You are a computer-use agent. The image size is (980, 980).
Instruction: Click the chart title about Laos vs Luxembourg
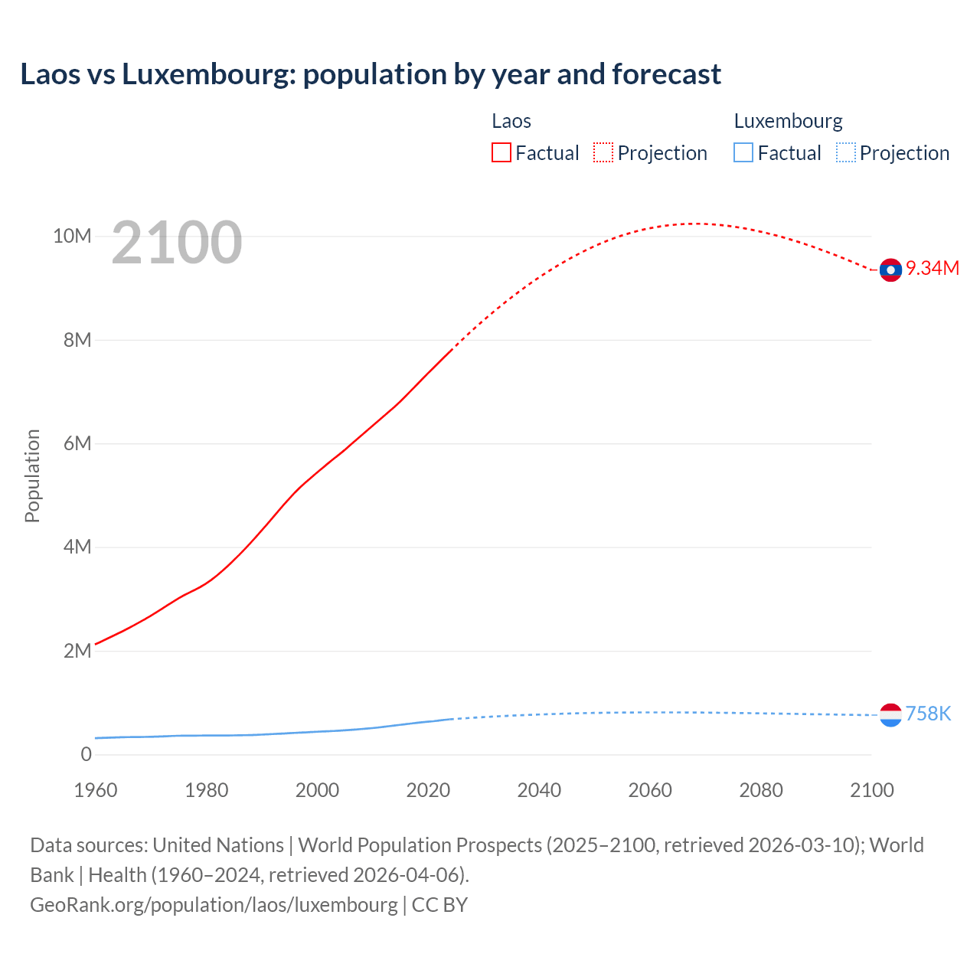[x=371, y=74]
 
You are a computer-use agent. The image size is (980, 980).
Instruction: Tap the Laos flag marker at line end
[x=890, y=269]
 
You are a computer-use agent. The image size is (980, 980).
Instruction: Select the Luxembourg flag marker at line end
[x=890, y=715]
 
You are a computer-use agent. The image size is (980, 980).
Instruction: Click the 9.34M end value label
[x=933, y=268]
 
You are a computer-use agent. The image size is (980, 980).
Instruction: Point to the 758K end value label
[x=928, y=714]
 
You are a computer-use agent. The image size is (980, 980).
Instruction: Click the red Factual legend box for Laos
[x=501, y=153]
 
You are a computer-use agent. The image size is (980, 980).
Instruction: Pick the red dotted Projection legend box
[x=603, y=153]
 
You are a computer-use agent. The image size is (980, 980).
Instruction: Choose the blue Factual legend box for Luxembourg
[x=743, y=153]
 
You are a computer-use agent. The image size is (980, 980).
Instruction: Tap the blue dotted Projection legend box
[x=845, y=153]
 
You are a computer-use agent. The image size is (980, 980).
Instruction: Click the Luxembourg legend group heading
[x=788, y=121]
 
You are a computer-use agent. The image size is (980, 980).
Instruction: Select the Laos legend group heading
[x=511, y=121]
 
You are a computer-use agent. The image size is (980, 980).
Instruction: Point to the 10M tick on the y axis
[x=72, y=236]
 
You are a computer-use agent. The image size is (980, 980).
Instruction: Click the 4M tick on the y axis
[x=77, y=547]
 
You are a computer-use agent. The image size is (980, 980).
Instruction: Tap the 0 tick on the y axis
[x=87, y=754]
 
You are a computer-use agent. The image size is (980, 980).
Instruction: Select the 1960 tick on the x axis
[x=96, y=790]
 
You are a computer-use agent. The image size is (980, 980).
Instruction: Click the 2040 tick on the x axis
[x=539, y=790]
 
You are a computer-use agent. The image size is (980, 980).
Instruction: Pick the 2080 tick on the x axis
[x=761, y=790]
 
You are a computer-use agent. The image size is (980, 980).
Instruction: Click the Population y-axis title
[x=32, y=475]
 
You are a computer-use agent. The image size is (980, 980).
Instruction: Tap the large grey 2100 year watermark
[x=177, y=243]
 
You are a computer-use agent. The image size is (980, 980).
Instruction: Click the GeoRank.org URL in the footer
[x=214, y=905]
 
